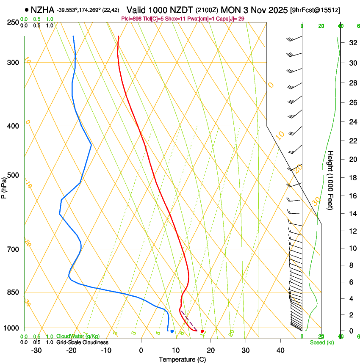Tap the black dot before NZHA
[x=27, y=9]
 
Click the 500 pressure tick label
[x=13, y=175]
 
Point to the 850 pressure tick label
[x=13, y=292]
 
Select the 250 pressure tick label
[x=13, y=22]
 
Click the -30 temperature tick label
[x=36, y=350]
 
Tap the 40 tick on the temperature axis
[x=280, y=350]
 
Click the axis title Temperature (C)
[x=182, y=359]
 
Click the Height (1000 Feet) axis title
[x=330, y=180]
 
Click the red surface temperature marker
[x=202, y=331]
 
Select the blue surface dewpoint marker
[x=172, y=331]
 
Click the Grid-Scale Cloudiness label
[x=82, y=342]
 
